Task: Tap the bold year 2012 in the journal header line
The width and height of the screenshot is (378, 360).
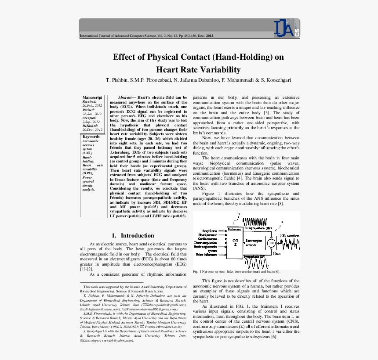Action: coord(210,36)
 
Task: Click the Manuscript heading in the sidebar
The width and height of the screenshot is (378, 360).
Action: coord(92,97)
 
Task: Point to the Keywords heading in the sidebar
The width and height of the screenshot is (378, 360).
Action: coord(91,137)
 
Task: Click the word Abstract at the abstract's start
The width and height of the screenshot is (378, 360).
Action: coord(127,97)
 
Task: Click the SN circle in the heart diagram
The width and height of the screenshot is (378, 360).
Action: coord(271,243)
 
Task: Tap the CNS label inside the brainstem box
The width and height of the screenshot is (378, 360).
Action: coord(235,241)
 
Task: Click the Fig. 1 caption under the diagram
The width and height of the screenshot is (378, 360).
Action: coord(236,271)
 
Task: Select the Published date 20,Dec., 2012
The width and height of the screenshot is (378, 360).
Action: coord(92,130)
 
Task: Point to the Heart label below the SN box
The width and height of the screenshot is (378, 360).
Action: coord(277,253)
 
